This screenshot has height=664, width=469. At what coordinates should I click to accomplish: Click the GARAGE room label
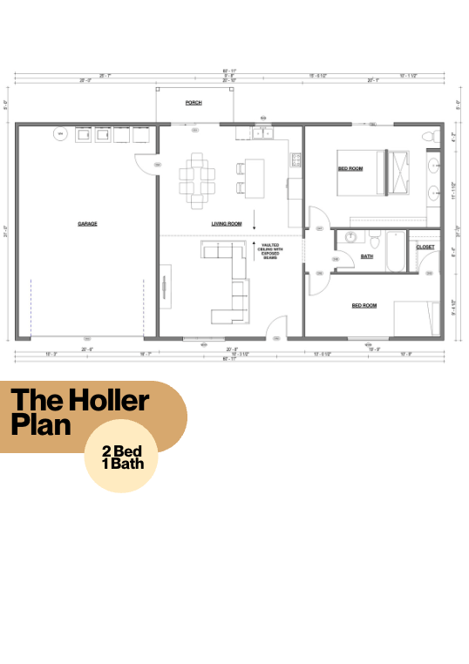point(87,224)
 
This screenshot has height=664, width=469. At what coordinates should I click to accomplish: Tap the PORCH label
point(194,103)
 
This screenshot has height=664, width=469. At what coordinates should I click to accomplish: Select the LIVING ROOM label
point(227,224)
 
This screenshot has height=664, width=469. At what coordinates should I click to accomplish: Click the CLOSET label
point(425,247)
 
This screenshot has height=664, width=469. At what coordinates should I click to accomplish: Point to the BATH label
point(367,256)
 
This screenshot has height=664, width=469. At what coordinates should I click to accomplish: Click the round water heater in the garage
point(60,134)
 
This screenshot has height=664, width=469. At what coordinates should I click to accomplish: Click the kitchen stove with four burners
point(296,159)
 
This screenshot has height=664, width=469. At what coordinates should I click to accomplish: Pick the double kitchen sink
point(263,135)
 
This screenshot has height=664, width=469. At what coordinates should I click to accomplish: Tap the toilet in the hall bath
point(372,238)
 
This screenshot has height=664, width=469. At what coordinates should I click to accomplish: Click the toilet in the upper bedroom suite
point(427,137)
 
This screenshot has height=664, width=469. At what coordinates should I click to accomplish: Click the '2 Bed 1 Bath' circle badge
point(121,463)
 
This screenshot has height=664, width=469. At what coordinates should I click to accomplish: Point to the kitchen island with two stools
point(254,173)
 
